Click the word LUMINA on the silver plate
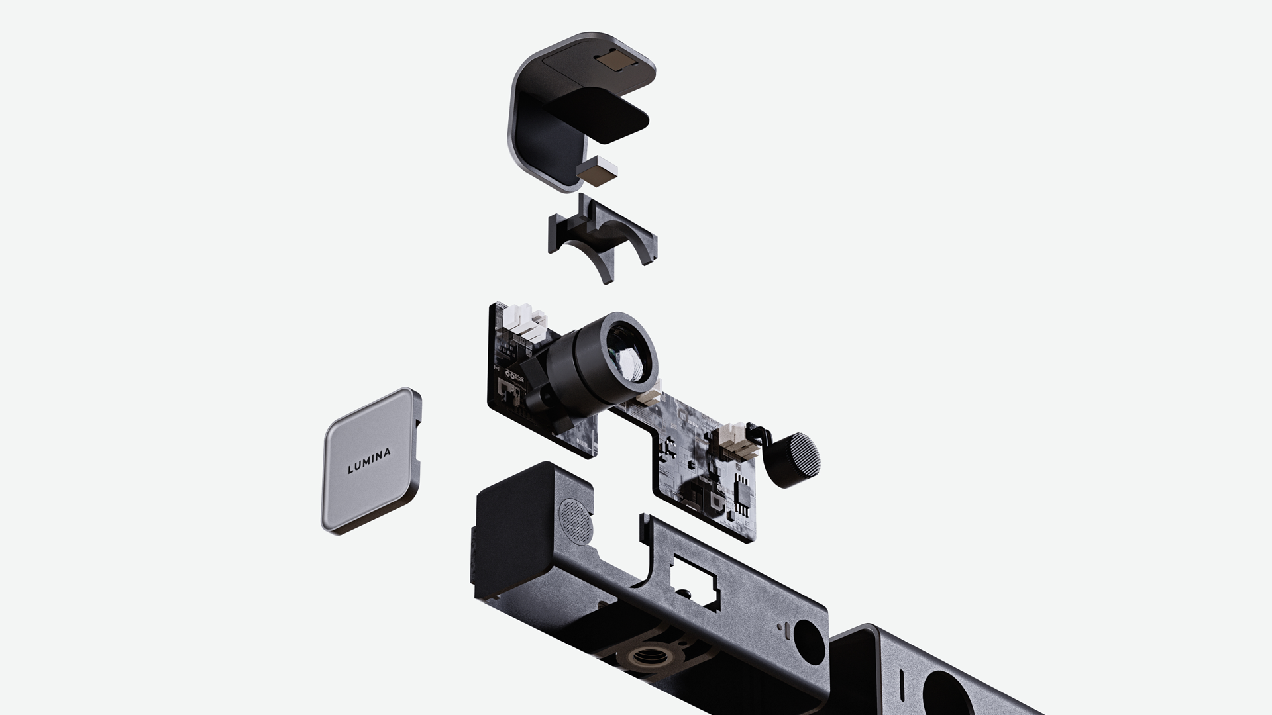[x=369, y=461]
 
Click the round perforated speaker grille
[x=574, y=521]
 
